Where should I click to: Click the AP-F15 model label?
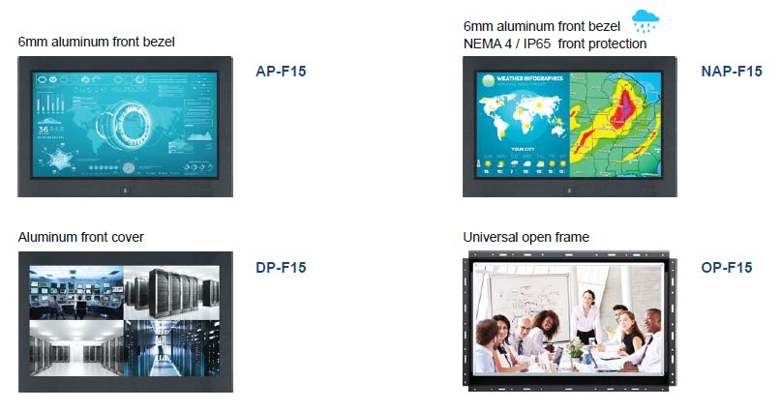coord(281,71)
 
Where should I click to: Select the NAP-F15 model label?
coord(731,71)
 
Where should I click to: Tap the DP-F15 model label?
coord(281,268)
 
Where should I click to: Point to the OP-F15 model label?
coord(727,268)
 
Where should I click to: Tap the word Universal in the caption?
coord(489,237)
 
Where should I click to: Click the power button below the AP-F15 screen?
coord(125,190)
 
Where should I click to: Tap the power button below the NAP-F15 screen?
coord(569,190)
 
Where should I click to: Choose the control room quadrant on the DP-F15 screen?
coord(75,291)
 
